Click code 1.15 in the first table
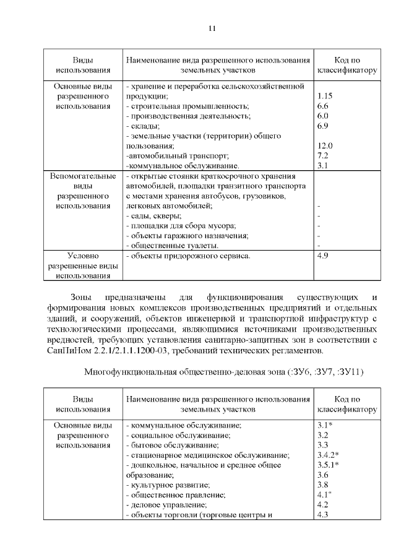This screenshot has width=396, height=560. tap(324, 97)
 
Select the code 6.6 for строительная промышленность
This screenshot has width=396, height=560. tap(322, 106)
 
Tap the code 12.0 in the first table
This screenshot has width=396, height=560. tap(324, 145)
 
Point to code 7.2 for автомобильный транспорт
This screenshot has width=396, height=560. tap(322, 155)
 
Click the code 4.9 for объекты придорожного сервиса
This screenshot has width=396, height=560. tap(322, 256)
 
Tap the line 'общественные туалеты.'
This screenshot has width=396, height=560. tap(170, 245)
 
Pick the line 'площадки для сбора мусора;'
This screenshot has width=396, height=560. tap(181, 225)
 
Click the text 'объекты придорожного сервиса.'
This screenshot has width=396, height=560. tap(187, 256)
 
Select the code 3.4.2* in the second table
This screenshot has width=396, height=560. tap(327, 455)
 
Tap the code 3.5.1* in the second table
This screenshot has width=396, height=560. tap(327, 465)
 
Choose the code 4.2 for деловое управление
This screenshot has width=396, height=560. tap(322, 504)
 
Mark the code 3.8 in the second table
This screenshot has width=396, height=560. tap(322, 485)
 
